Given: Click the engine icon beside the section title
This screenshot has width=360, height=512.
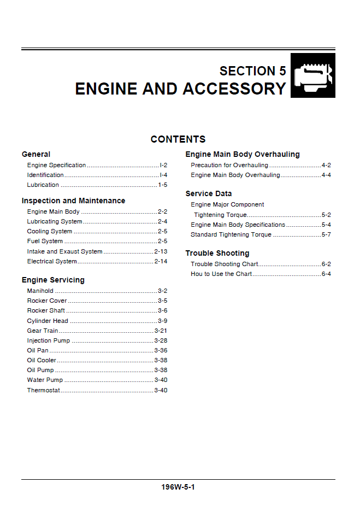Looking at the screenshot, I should tap(312, 76).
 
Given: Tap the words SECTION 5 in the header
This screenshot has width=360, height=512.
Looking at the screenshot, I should tap(252, 71).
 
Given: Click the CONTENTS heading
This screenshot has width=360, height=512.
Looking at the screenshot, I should tap(178, 139).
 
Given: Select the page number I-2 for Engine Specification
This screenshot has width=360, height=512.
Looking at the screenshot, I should tap(163, 165).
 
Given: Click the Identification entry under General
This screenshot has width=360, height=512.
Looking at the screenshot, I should tap(45, 175).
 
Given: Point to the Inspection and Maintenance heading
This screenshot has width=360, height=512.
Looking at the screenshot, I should tap(73, 201).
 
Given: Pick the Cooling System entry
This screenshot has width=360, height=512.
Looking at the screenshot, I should tap(50, 231).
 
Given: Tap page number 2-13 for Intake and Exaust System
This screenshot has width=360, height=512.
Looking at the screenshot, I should tap(161, 251).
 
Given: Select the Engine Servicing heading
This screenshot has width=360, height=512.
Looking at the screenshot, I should tap(53, 280).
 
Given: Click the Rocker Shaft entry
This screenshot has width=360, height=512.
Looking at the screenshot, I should tap(46, 310).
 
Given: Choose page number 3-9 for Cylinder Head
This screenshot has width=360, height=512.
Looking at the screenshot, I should tap(162, 321).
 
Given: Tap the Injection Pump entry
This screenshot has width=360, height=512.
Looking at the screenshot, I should tap(48, 340).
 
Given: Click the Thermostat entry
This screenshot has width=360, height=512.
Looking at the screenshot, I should tap(44, 390).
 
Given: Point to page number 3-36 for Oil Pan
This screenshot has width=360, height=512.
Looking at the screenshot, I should tap(161, 350).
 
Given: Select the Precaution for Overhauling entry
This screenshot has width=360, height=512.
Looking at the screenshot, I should tap(229, 165).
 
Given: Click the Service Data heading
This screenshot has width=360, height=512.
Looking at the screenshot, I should tap(208, 193).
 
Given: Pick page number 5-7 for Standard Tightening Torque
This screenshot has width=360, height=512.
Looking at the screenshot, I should tap(326, 234).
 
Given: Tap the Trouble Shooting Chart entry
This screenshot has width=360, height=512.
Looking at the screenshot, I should tap(224, 264).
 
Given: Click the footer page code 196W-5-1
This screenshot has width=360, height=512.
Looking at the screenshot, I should tap(178, 487).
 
